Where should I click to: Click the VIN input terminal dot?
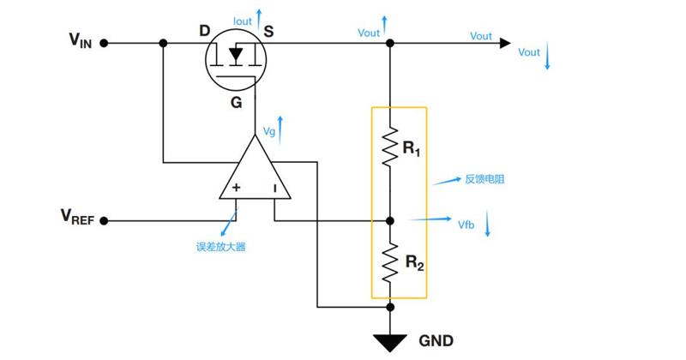coord(104,43)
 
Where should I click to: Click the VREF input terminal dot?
coord(104,221)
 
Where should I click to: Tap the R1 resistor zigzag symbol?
coord(390,147)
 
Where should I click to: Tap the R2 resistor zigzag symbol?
coord(390,262)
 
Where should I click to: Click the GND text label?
coord(436,341)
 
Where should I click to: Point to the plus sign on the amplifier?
coord(237,188)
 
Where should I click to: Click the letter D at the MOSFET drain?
coord(205,31)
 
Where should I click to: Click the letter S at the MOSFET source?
coord(268,31)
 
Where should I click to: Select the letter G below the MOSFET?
coord(237,102)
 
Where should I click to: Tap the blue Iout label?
coord(243,21)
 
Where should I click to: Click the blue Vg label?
coord(269,131)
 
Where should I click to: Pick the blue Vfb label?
coord(466,225)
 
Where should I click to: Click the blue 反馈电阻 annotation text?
coord(484,179)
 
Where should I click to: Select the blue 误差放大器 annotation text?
coord(221,247)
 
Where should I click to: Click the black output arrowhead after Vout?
coord(505,43)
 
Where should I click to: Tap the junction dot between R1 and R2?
coord(390,221)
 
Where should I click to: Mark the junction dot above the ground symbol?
coord(390,307)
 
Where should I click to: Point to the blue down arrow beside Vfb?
coord(487,223)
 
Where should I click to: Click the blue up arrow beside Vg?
coord(280,130)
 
